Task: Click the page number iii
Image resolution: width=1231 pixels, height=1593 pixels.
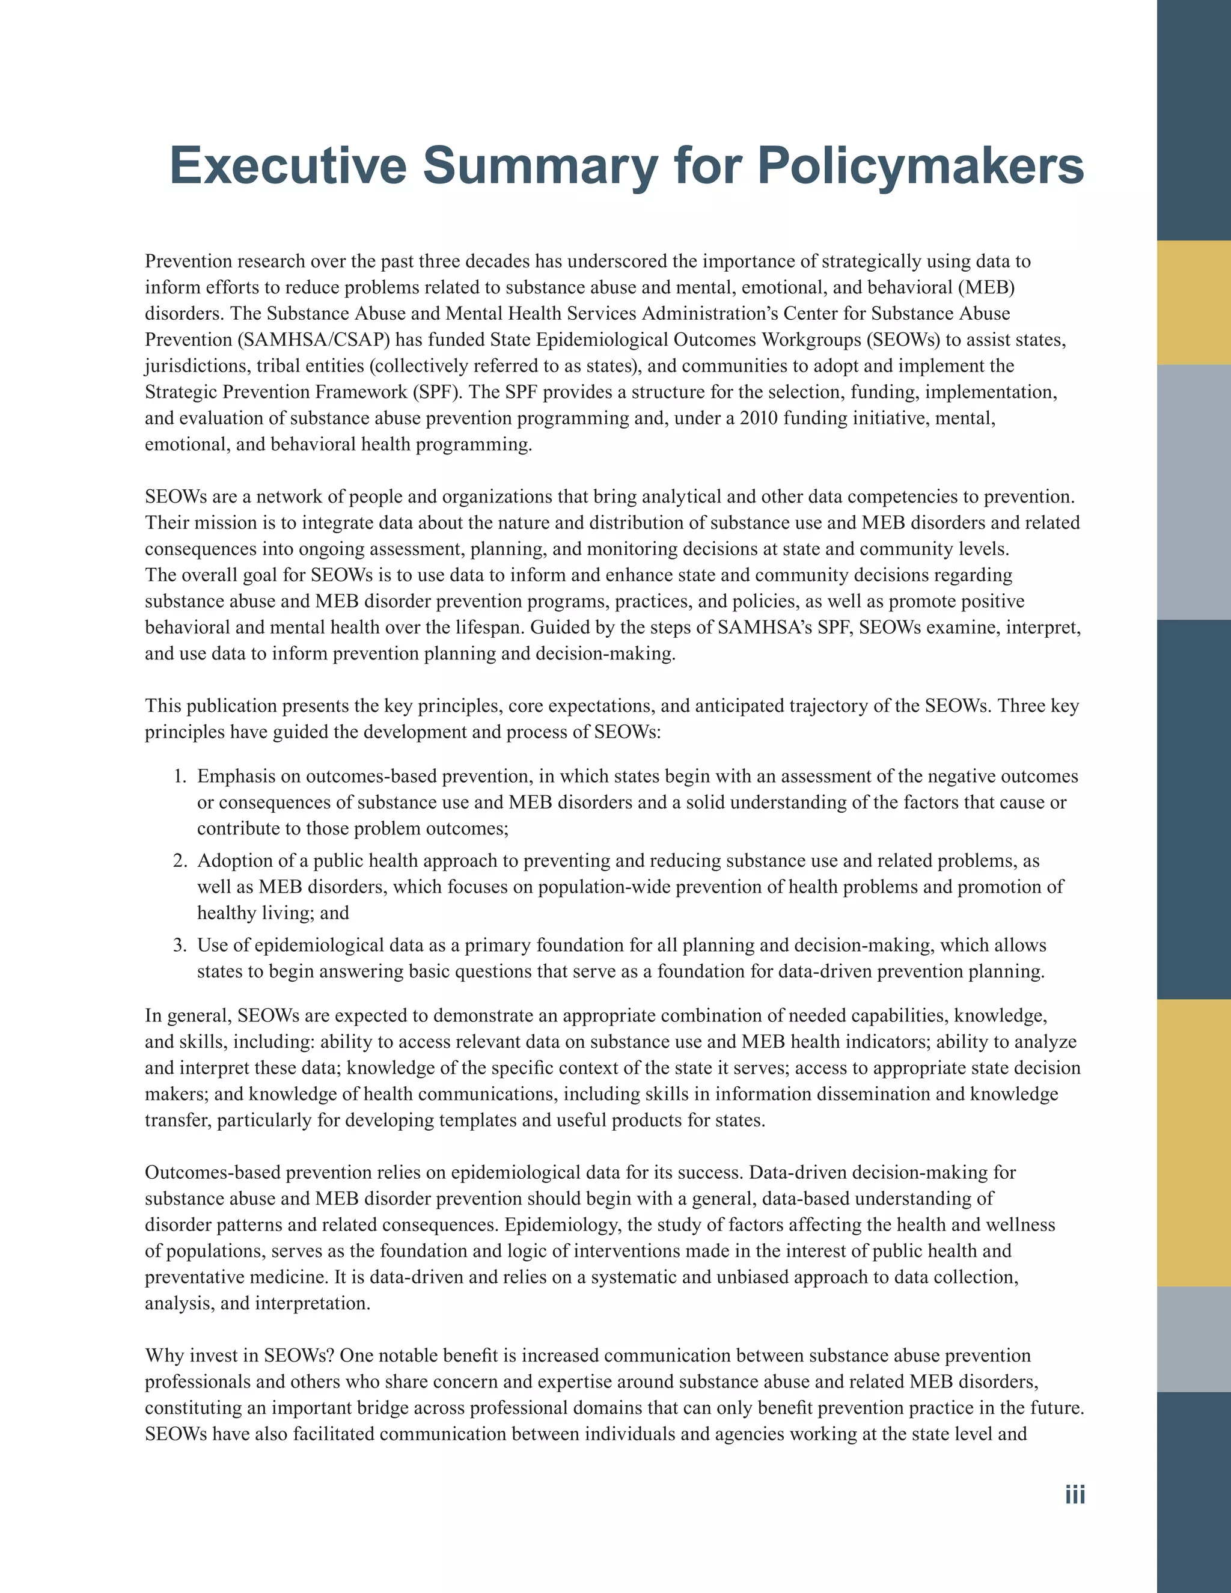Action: coord(1074,1494)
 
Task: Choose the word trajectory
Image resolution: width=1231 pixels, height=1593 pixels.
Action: coord(830,706)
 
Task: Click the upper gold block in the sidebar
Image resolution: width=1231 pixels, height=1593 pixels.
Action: coord(1193,303)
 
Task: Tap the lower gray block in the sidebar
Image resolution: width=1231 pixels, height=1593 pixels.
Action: coord(1193,1339)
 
